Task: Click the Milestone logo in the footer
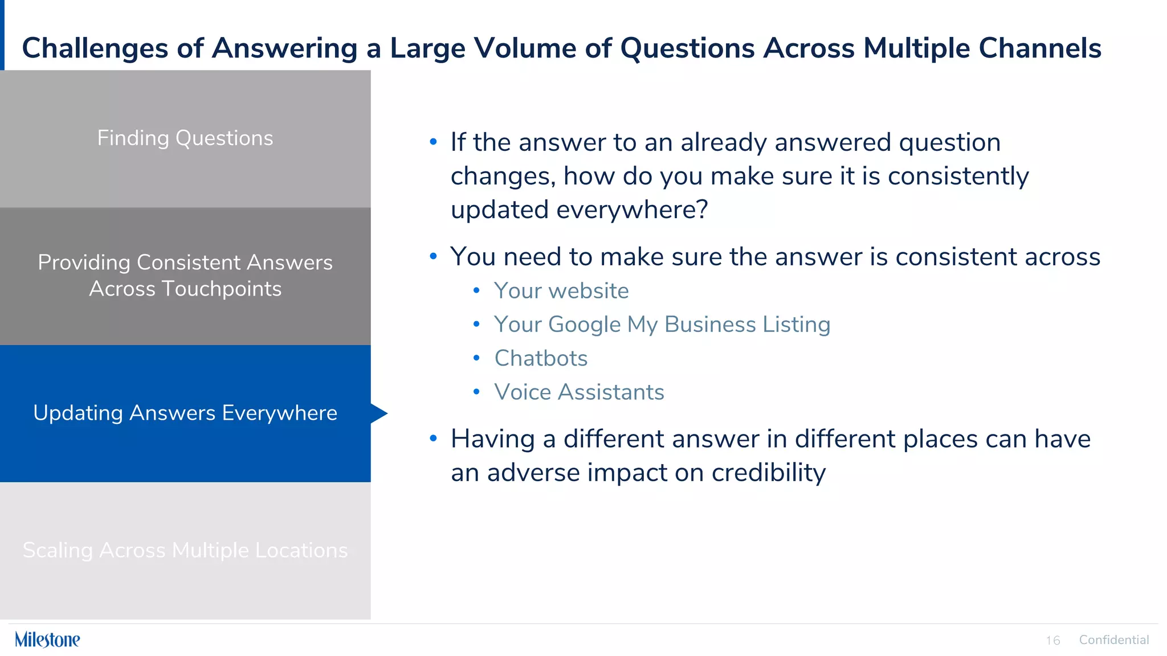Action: point(47,639)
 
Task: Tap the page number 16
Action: point(1052,641)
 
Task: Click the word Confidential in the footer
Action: point(1113,639)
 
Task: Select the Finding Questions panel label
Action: point(185,138)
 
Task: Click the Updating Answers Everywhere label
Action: point(185,413)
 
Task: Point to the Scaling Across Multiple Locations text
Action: point(185,550)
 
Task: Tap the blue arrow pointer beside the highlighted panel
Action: point(378,413)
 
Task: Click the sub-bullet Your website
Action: point(561,291)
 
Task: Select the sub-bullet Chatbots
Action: point(540,359)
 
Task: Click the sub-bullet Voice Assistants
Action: point(578,392)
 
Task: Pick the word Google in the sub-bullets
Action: point(584,325)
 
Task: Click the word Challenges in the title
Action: point(95,48)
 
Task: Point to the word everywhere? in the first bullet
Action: point(632,210)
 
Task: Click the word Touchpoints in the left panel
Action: point(221,289)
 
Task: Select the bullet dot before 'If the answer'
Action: point(433,142)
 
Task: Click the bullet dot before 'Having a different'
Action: point(433,438)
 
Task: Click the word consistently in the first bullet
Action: point(958,176)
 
